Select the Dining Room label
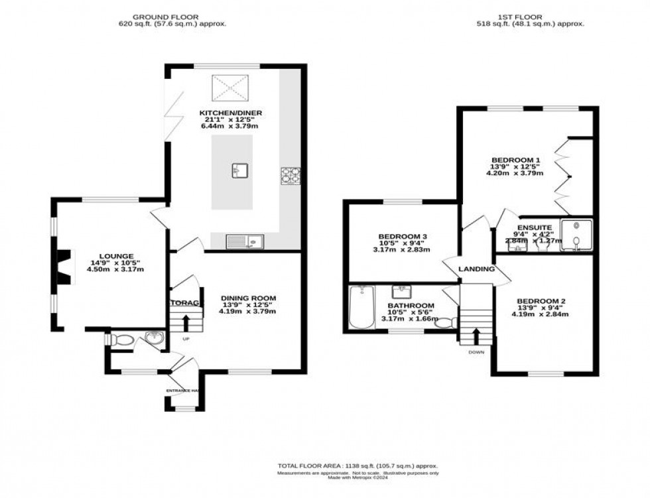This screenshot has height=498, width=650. pyautogui.click(x=248, y=298)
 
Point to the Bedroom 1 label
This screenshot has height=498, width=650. pyautogui.click(x=516, y=160)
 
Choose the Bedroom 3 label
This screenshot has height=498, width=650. pyautogui.click(x=403, y=236)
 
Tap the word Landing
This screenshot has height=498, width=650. pyautogui.click(x=476, y=269)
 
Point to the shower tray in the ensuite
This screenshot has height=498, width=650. pyautogui.click(x=574, y=235)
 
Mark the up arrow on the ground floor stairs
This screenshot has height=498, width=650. pyautogui.click(x=185, y=323)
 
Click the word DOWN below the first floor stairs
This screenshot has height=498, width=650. pyautogui.click(x=476, y=352)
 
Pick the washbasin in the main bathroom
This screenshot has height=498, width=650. pyautogui.click(x=401, y=292)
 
